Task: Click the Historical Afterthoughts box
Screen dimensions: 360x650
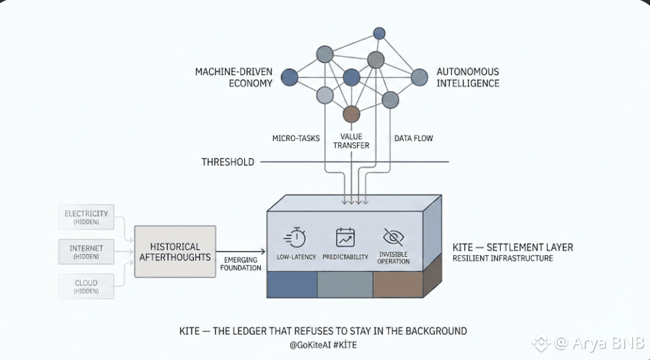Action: pos(174,251)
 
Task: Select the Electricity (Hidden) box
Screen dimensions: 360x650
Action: pos(87,217)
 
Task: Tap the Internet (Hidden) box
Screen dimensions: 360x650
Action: pos(87,251)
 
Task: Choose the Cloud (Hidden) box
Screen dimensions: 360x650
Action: pos(87,286)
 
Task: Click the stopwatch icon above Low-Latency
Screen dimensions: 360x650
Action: pos(296,237)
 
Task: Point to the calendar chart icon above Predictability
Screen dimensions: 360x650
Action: pos(345,237)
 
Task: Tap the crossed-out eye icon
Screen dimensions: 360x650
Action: pos(393,237)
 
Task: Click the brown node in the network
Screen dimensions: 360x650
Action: pos(351,114)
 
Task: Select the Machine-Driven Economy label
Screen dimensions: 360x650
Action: pos(234,77)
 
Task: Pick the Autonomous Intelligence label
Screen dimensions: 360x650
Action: pos(468,77)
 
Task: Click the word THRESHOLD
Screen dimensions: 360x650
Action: pos(228,162)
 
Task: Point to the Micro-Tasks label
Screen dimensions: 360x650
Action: pos(296,138)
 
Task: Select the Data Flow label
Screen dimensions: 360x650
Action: pos(413,138)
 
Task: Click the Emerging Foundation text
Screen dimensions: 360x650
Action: pos(241,264)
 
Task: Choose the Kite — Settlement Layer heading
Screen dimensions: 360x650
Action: pos(512,247)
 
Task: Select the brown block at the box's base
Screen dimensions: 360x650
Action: pos(397,284)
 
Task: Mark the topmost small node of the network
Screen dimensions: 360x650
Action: pos(379,33)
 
